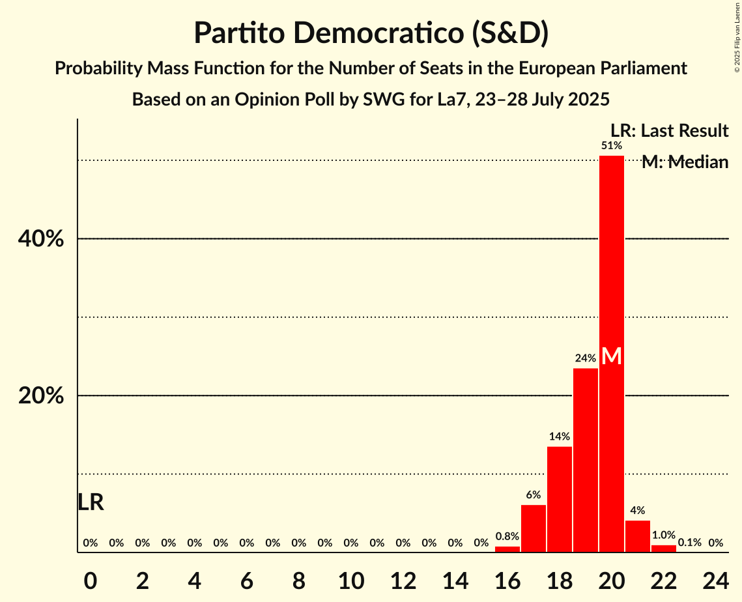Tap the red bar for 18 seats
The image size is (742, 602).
click(559, 499)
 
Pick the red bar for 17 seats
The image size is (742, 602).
click(533, 528)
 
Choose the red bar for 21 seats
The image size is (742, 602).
click(637, 536)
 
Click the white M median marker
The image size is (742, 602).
click(611, 356)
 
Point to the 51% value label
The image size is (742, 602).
click(611, 146)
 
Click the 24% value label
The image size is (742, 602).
click(585, 358)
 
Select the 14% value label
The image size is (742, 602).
click(559, 437)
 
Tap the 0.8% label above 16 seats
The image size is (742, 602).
click(507, 537)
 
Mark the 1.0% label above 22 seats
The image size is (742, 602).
click(663, 535)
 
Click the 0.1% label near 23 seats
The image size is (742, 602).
click(689, 543)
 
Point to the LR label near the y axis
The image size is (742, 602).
click(91, 502)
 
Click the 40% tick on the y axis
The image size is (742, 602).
click(40, 239)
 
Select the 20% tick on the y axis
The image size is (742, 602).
click(40, 396)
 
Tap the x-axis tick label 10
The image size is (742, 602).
click(350, 579)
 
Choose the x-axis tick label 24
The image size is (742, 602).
click(715, 579)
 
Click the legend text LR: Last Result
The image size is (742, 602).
click(669, 131)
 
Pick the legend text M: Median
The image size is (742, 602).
click(685, 162)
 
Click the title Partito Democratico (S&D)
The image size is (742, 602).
click(371, 33)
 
